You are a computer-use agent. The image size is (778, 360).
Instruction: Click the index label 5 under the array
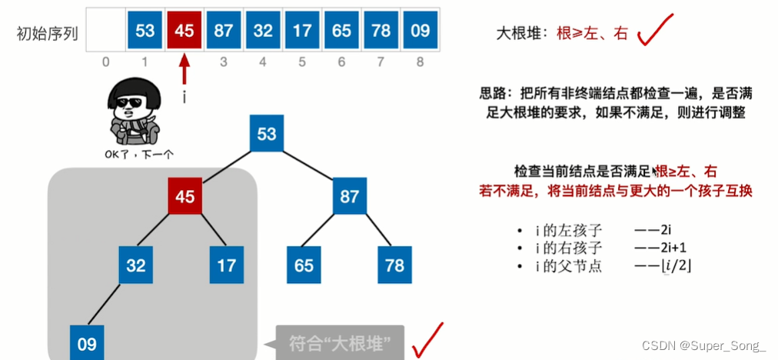point(302,62)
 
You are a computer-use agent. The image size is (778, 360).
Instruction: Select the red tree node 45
point(185,196)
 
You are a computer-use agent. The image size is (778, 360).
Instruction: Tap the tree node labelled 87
point(350,196)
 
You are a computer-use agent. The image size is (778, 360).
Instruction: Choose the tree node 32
point(136,265)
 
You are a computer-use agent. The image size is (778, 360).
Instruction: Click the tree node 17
point(227,265)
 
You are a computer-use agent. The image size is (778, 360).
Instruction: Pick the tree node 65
point(304,265)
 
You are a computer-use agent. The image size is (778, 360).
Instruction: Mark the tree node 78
point(395,265)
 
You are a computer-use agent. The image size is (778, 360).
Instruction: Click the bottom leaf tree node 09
point(87,344)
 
